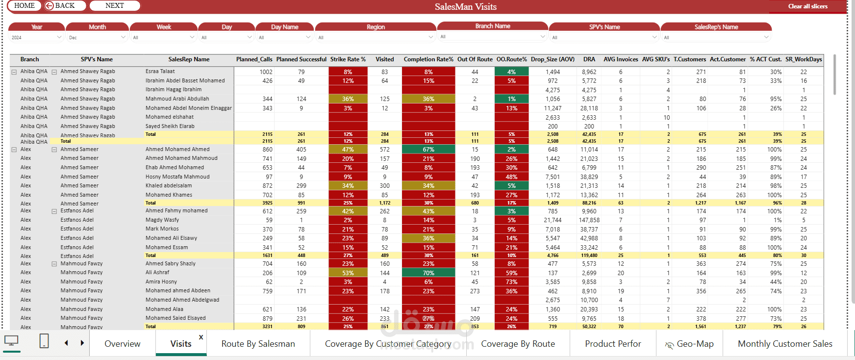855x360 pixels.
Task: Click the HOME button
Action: point(25,6)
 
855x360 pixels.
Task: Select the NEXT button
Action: point(115,6)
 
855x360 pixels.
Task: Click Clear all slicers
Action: point(807,6)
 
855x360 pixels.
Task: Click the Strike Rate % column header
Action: point(348,59)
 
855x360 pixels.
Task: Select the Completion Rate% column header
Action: point(428,59)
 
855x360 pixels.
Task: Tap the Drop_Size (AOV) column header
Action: point(553,59)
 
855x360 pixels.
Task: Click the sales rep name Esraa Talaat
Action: point(160,72)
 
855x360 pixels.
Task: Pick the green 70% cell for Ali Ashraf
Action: point(428,273)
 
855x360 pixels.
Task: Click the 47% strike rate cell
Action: point(348,150)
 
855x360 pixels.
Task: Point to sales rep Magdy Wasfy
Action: point(162,220)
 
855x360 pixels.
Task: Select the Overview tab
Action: point(123,344)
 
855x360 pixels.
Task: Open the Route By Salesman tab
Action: point(258,344)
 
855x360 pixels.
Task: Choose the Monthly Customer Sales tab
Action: point(785,344)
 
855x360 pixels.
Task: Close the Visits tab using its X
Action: point(201,337)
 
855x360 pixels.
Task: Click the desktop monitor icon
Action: point(11,341)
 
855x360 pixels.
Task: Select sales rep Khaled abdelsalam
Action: point(169,186)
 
